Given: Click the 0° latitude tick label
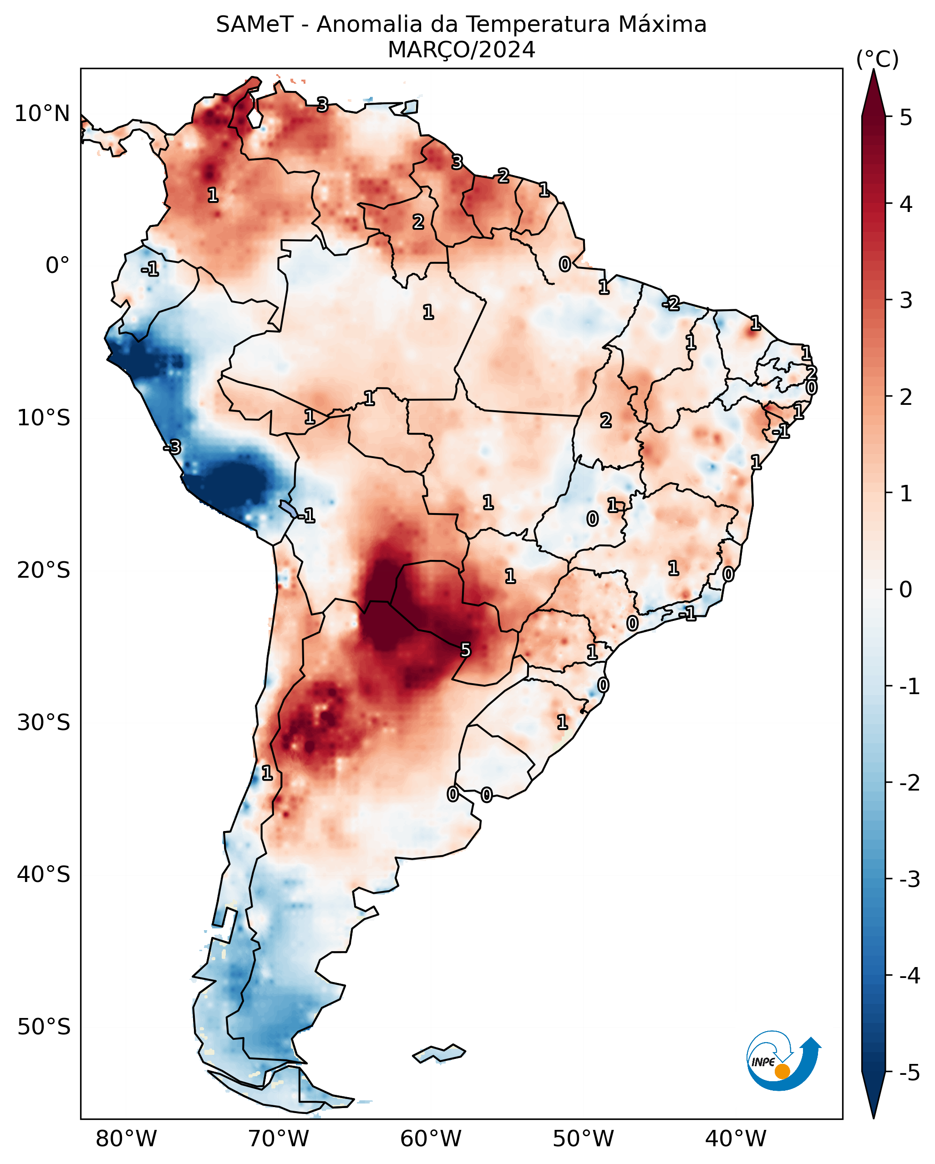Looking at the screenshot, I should coord(57,266).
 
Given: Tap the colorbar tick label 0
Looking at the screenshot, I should coord(906,590).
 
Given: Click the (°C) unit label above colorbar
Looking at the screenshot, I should coord(877,60).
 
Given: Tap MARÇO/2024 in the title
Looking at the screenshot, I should coord(461,50).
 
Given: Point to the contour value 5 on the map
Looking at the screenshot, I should coord(465,650).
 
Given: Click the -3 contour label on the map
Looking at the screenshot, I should coord(173,447).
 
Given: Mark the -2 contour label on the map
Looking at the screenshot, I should coord(671,303).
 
